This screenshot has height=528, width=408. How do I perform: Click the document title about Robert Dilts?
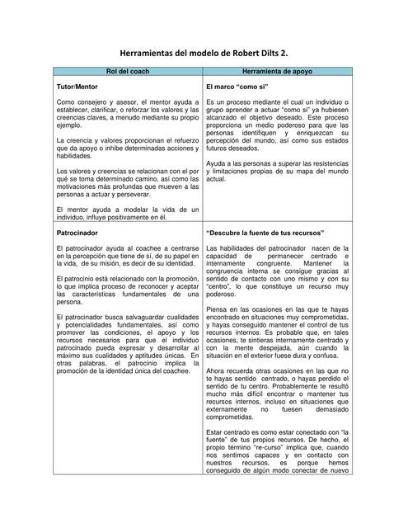204,52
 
